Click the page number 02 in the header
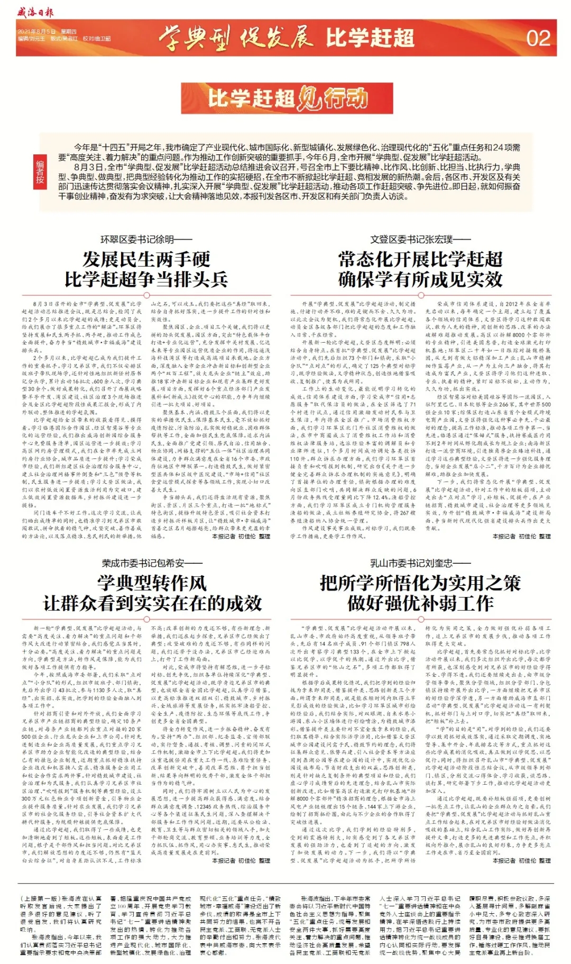[x=538, y=38]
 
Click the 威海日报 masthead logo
[x=35, y=12]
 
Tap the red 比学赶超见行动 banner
[x=286, y=98]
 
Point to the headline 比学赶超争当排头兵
[x=146, y=279]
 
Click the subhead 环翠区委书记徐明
[x=146, y=239]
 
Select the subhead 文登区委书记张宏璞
[x=420, y=239]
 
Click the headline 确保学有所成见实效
[x=420, y=279]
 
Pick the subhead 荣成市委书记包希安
[x=152, y=563]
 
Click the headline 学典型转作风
[x=152, y=583]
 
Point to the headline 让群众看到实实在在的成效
[x=152, y=603]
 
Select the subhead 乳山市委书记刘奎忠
[x=420, y=563]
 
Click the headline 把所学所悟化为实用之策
[x=420, y=583]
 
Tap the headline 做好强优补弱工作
[x=420, y=603]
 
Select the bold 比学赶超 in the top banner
[x=370, y=38]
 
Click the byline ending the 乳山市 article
[x=521, y=861]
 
